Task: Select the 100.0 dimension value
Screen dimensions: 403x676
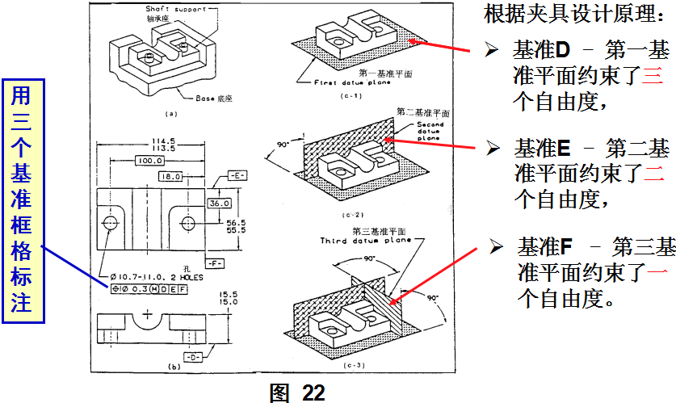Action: [x=146, y=162]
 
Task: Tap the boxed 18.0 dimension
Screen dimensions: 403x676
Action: [x=170, y=176]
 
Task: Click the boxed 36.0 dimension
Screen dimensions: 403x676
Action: [x=220, y=204]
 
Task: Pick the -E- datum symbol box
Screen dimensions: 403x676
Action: [x=237, y=175]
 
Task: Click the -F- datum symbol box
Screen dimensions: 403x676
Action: [x=215, y=263]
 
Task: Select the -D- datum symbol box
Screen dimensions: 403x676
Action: [x=191, y=355]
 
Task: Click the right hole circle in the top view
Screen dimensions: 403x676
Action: [x=187, y=222]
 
